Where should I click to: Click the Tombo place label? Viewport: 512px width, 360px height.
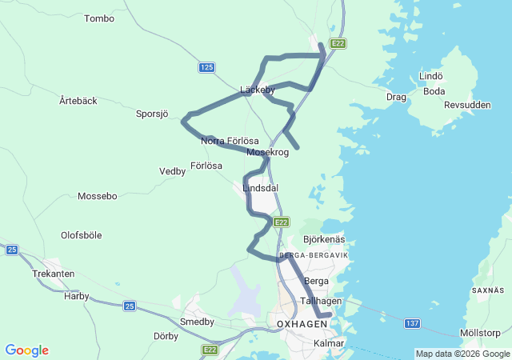(99, 18)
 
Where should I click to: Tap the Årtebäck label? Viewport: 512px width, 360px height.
(78, 101)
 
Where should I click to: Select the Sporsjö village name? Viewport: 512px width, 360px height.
(152, 114)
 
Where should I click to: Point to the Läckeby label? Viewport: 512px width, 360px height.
(258, 90)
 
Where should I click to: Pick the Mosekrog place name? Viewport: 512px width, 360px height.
(268, 152)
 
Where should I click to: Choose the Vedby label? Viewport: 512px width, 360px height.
(172, 171)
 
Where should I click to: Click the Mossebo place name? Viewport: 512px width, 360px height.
(98, 196)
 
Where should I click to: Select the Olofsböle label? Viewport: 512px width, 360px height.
(82, 235)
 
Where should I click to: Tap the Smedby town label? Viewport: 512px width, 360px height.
(198, 322)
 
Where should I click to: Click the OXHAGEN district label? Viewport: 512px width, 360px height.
(302, 324)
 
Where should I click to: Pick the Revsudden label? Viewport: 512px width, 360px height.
(467, 105)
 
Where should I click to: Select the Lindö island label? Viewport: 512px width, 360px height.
(431, 77)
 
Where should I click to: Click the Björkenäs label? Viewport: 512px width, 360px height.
(324, 239)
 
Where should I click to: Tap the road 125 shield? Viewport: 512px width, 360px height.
(207, 68)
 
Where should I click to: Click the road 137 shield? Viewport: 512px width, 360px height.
(412, 323)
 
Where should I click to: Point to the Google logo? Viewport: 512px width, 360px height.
(26, 350)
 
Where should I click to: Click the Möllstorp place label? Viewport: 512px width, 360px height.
(481, 333)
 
